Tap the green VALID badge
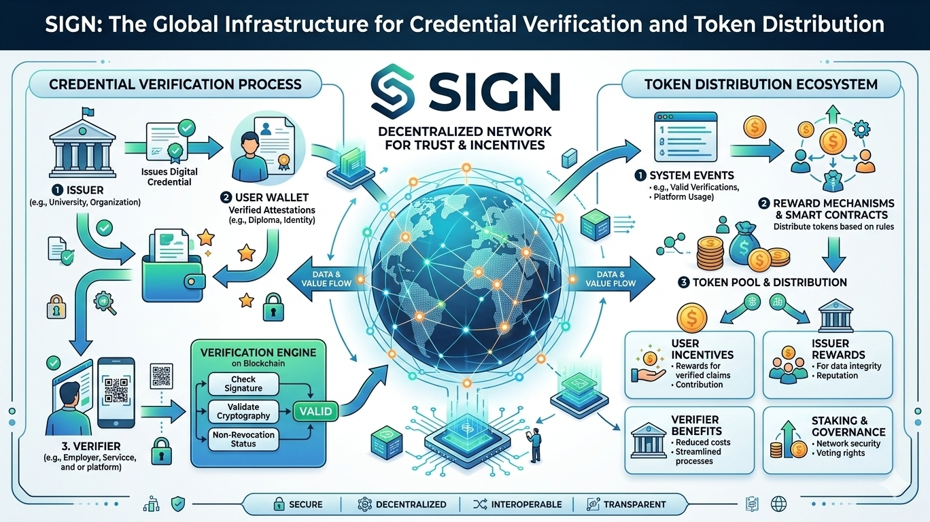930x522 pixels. pos(315,411)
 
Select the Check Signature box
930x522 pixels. pos(243,384)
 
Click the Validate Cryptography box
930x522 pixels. pos(243,411)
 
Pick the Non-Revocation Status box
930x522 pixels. pos(243,439)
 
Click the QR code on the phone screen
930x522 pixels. pos(117,389)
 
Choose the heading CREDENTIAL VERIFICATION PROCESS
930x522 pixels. pos(175,84)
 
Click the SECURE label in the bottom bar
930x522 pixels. pos(306,504)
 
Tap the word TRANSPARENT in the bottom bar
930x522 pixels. pos(634,504)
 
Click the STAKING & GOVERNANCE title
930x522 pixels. pos(848,427)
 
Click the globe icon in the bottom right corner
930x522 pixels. pos(778,504)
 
